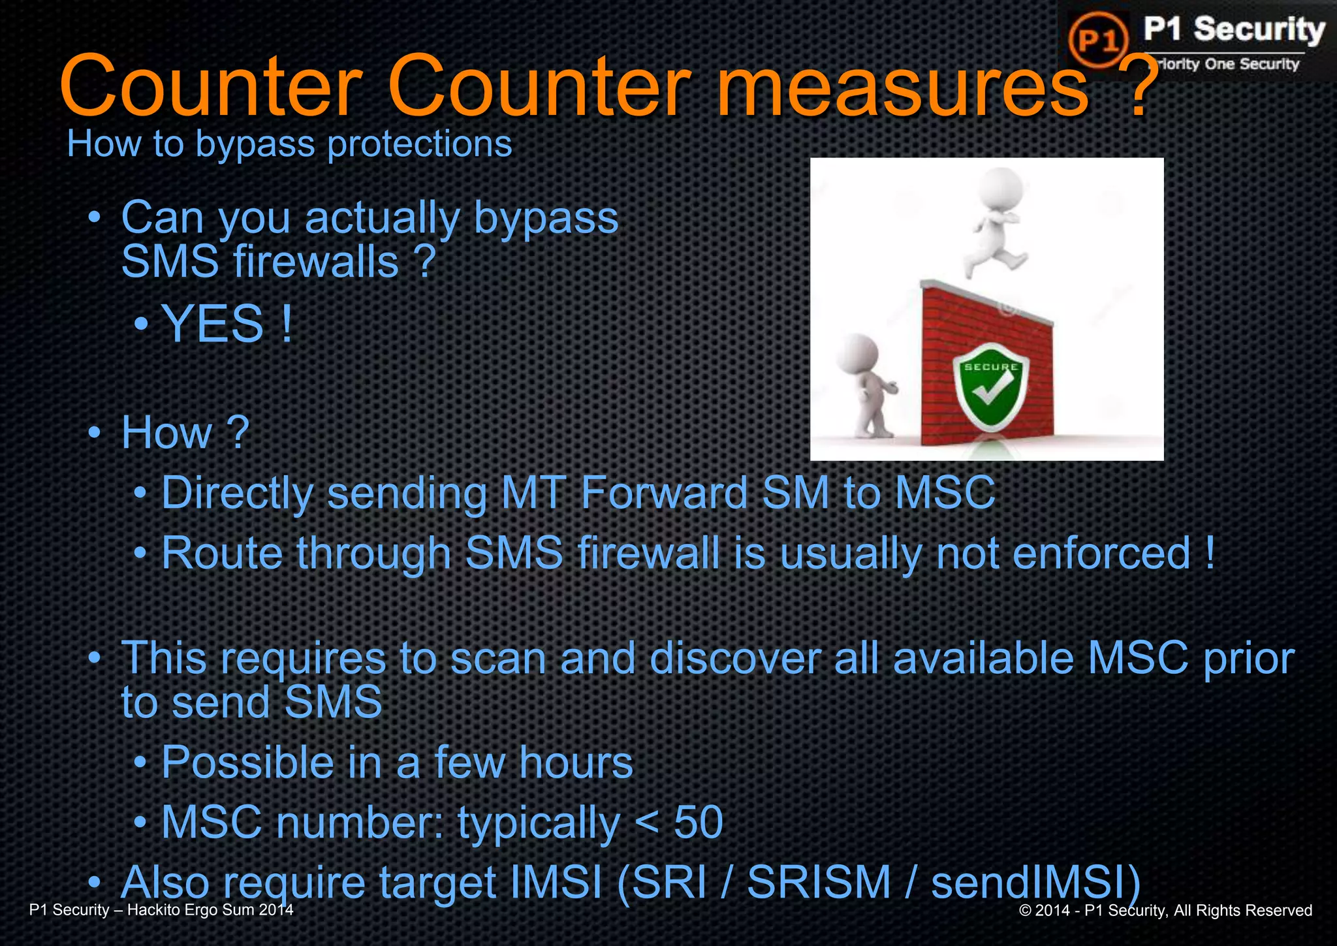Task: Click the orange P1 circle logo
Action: tap(1098, 40)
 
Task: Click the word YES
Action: tap(213, 324)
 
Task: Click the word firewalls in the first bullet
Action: tap(316, 262)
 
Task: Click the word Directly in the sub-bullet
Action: tap(238, 493)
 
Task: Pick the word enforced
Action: tap(1102, 554)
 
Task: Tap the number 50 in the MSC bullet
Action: tap(699, 822)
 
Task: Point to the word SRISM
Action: tap(819, 882)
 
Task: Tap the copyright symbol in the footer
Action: tap(1025, 911)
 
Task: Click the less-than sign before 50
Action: tap(646, 822)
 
